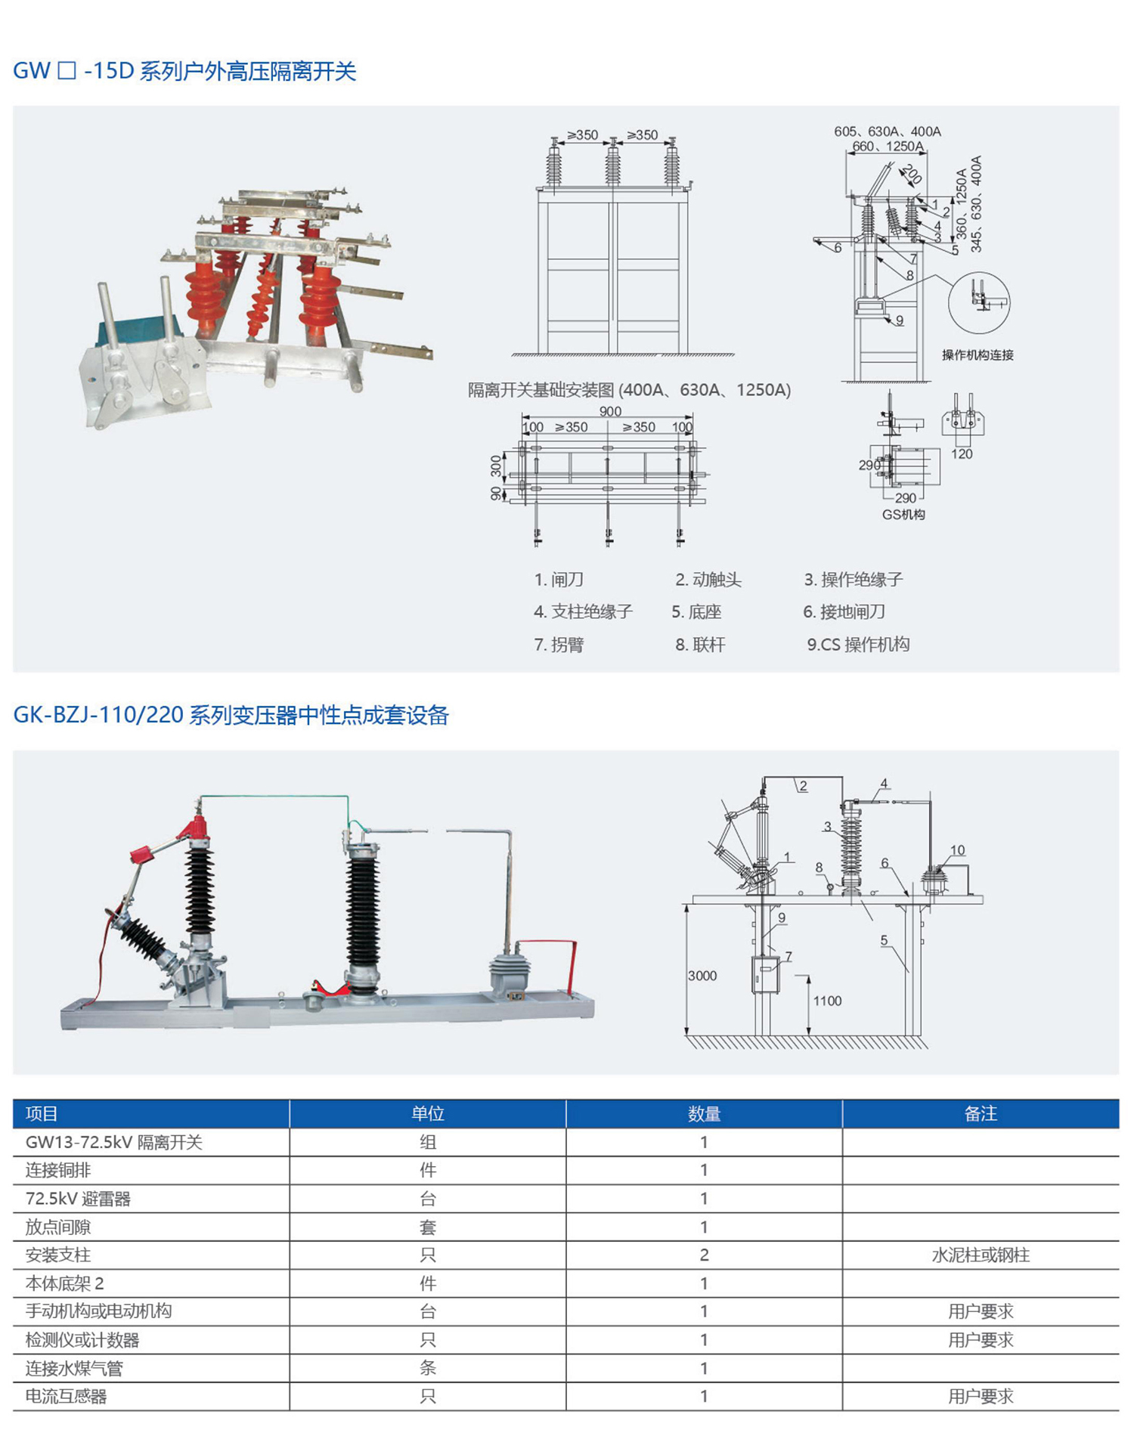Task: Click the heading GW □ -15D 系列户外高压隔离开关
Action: point(184,71)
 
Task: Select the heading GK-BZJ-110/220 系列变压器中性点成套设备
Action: point(231,715)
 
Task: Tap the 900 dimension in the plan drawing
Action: point(610,411)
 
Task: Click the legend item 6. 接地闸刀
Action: point(844,611)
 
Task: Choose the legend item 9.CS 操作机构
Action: point(858,645)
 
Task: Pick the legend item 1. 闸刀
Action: point(559,580)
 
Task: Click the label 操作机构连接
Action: point(978,355)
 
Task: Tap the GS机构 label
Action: point(903,515)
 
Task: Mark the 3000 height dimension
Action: point(702,976)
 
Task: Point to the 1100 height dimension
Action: point(827,1001)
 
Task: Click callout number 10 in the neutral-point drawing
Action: point(957,850)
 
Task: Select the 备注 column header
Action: point(981,1113)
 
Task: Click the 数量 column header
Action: point(704,1113)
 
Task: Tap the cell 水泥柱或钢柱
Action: point(981,1255)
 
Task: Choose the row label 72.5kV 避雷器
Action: point(78,1199)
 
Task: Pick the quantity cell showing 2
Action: point(704,1255)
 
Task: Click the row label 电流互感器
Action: point(67,1397)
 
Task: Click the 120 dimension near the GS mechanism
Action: point(962,454)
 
